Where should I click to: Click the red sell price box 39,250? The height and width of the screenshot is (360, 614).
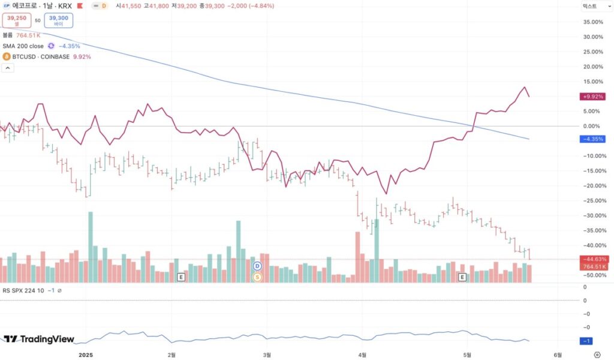click(17, 20)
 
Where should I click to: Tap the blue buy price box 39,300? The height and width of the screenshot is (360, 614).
click(58, 20)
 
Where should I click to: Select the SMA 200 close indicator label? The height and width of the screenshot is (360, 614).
click(23, 46)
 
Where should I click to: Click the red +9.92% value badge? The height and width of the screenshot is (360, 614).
click(592, 96)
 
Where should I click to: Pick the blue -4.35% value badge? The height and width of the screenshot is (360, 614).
click(592, 139)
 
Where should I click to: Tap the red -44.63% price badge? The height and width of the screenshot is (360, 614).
click(592, 259)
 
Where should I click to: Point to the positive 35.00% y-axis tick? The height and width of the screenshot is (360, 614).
click(592, 22)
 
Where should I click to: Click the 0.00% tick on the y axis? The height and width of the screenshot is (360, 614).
click(592, 126)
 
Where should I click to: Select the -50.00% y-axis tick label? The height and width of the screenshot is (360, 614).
click(592, 275)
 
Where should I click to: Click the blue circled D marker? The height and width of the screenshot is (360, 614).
click(258, 266)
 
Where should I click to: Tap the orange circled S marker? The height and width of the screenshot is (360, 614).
click(258, 277)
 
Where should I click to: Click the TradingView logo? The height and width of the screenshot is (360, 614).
click(39, 339)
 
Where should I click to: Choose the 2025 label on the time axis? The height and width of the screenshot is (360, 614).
click(88, 355)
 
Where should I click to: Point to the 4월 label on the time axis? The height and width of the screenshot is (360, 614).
click(361, 355)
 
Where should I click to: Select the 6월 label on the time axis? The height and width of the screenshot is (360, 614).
click(558, 355)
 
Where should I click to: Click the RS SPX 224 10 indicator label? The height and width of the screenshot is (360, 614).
click(23, 290)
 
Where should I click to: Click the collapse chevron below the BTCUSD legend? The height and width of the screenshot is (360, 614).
click(7, 68)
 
